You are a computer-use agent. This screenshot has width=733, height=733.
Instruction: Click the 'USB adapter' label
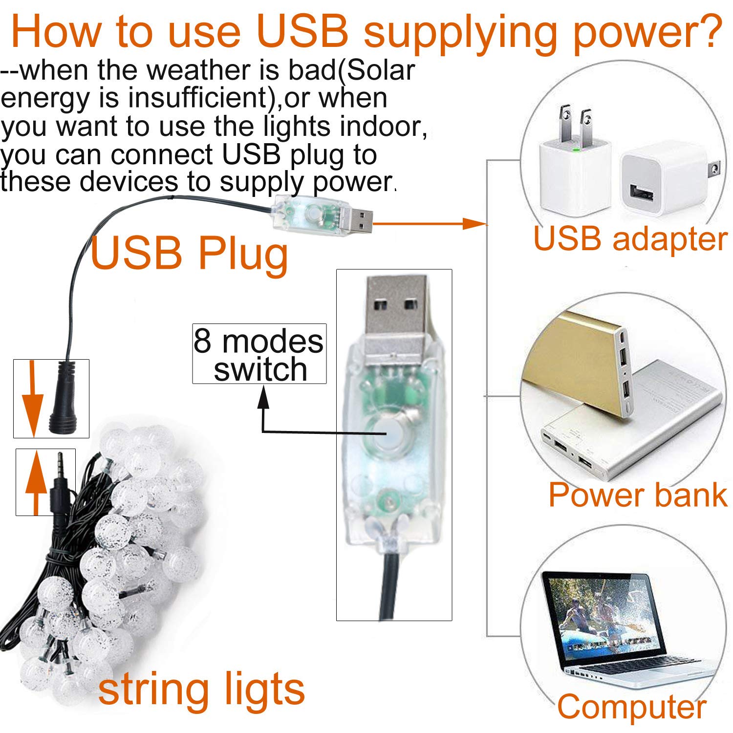point(630,239)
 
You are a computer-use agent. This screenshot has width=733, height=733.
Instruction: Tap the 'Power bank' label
point(638,495)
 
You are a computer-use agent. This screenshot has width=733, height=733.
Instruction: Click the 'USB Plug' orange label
point(190,255)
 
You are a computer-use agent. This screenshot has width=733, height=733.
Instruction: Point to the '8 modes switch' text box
point(259,354)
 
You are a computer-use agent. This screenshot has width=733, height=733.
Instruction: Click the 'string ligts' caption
point(201,690)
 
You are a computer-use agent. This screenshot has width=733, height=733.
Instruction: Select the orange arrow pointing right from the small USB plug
point(430,224)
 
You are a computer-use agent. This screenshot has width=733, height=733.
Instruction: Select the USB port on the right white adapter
point(642,192)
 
